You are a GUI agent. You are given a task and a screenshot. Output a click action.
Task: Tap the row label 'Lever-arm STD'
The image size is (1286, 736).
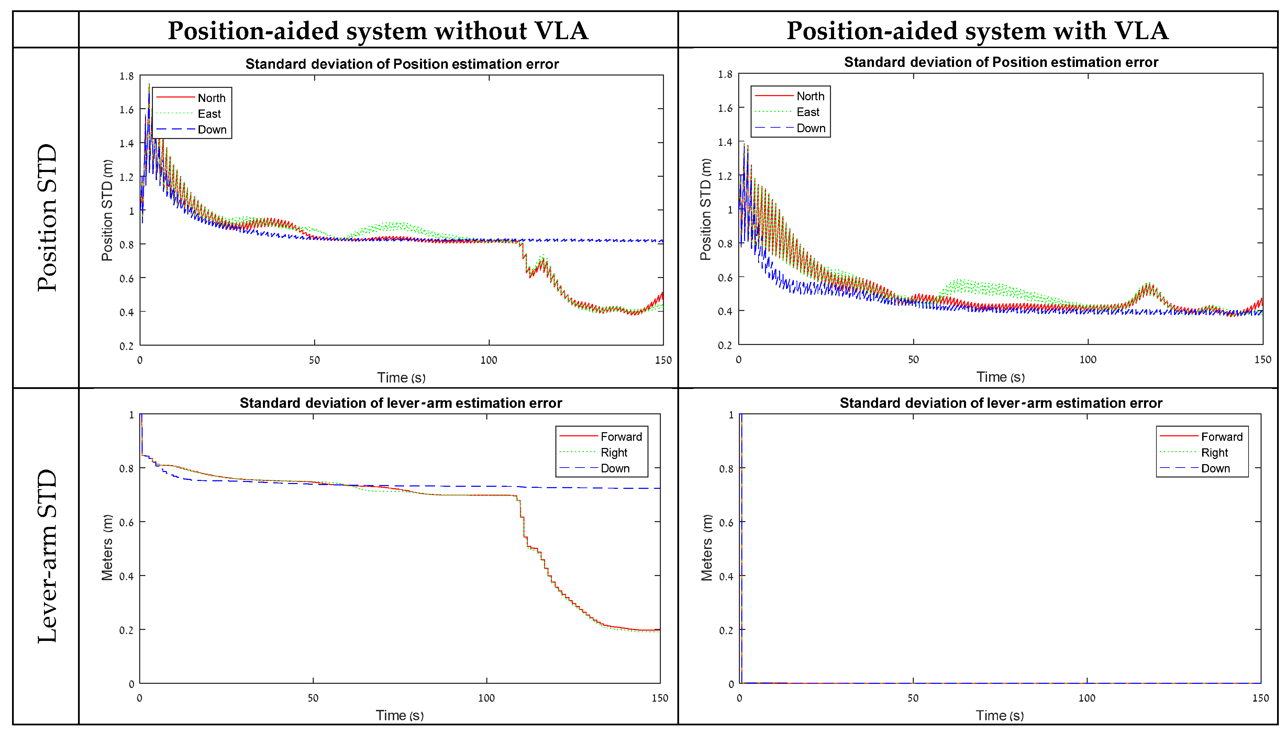[47, 556]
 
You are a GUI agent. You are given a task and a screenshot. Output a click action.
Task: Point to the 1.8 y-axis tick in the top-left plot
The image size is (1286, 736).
[126, 76]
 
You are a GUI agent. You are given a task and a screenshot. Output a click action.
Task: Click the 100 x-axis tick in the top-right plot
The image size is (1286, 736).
[1088, 359]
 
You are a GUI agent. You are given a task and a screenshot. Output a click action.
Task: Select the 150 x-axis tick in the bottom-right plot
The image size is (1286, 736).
[1260, 698]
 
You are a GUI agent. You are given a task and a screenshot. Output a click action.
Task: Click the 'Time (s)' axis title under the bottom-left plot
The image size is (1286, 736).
[400, 715]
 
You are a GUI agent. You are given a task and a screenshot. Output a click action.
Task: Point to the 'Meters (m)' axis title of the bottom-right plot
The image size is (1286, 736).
[706, 548]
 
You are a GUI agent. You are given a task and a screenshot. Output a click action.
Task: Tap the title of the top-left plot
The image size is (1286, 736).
[402, 64]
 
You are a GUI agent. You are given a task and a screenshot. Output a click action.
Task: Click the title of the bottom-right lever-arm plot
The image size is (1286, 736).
[1001, 403]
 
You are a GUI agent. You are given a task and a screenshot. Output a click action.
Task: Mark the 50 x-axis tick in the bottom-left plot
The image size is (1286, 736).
[313, 698]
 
